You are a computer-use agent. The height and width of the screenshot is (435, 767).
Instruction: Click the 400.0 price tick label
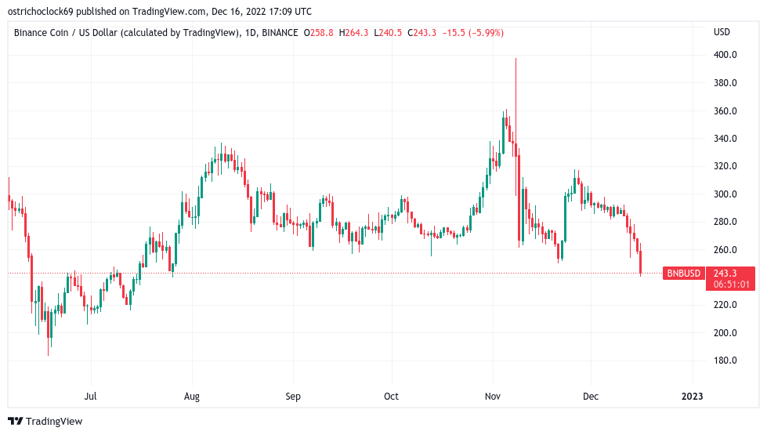coord(725,55)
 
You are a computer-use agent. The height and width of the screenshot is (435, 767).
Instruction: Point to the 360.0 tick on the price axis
coord(725,111)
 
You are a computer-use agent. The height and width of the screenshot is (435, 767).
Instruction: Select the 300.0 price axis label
coord(725,194)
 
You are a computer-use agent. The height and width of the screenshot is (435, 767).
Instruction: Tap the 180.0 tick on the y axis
coord(725,361)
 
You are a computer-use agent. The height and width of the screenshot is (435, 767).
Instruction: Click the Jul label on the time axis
coord(90,397)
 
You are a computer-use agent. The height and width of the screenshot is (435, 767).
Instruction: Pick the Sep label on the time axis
coord(292,397)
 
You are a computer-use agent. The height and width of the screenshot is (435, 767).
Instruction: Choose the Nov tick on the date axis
coord(492,397)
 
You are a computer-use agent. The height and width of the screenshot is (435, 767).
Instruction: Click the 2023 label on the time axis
coord(693,397)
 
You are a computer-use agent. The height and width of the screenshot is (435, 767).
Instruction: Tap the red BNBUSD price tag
coord(682,274)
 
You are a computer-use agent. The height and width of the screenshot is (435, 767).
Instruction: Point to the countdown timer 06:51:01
coord(729,285)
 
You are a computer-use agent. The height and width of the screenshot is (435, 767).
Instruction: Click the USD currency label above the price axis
coord(722,32)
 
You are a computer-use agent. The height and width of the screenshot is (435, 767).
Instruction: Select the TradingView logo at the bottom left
coord(45,421)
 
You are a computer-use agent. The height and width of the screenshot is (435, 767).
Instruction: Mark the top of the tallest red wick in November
coord(516,58)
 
